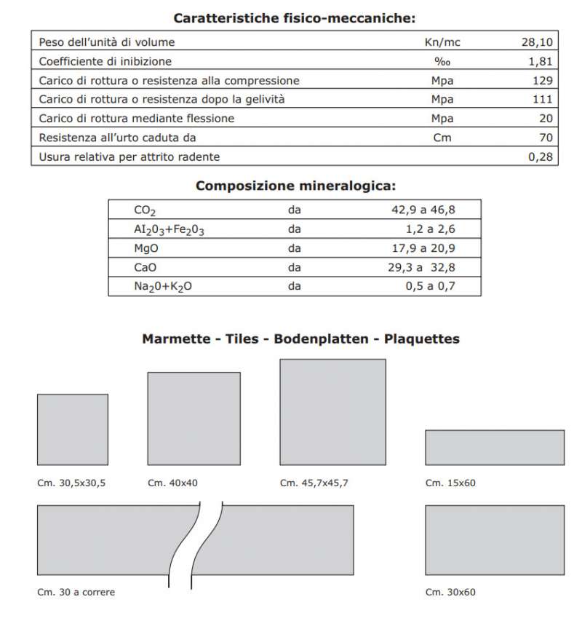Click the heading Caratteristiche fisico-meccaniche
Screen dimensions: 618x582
pyautogui.click(x=295, y=17)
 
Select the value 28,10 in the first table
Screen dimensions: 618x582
pyautogui.click(x=538, y=42)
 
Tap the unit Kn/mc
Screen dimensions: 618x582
pyautogui.click(x=442, y=42)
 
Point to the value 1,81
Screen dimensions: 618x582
pyautogui.click(x=541, y=61)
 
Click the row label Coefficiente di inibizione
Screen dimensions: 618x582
pyautogui.click(x=105, y=61)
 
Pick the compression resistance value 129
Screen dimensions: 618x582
pyautogui.click(x=543, y=80)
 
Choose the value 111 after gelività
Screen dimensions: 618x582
pyautogui.click(x=543, y=99)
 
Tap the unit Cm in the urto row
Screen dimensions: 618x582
pyautogui.click(x=442, y=137)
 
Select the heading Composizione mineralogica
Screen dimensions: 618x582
pyautogui.click(x=295, y=186)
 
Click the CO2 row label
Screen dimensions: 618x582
pyautogui.click(x=145, y=211)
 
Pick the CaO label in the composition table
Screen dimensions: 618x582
pyautogui.click(x=145, y=267)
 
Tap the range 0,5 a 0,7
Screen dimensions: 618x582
pyautogui.click(x=429, y=286)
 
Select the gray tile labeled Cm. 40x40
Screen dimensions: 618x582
pyautogui.click(x=194, y=418)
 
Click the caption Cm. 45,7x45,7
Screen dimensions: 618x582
pyautogui.click(x=314, y=482)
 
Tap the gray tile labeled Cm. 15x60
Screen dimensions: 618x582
pyautogui.click(x=494, y=447)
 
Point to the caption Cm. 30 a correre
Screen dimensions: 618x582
pyautogui.click(x=76, y=592)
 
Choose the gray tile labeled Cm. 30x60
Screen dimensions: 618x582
pyautogui.click(x=494, y=539)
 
